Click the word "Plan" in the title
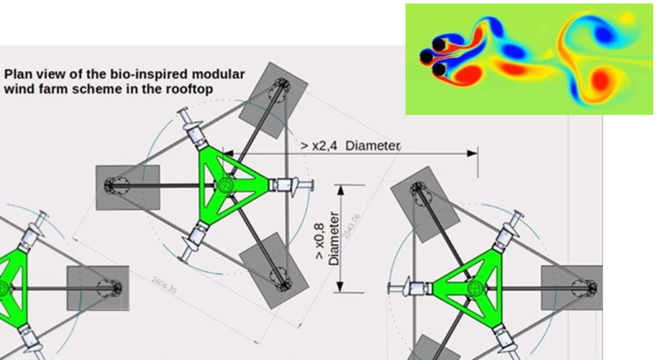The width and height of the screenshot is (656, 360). [17, 74]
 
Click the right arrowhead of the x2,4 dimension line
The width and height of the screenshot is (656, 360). [473, 153]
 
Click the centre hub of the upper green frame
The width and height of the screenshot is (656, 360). [224, 186]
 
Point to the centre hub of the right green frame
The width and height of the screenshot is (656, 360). [475, 288]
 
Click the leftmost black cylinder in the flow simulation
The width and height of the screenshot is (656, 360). [426, 57]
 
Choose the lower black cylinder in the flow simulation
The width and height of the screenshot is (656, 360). [439, 69]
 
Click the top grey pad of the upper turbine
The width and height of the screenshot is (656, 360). [272, 99]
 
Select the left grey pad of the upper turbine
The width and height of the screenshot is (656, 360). [127, 187]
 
